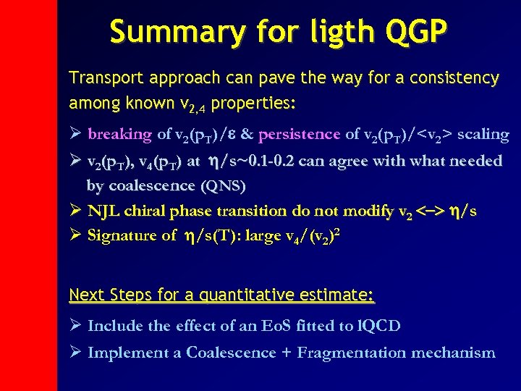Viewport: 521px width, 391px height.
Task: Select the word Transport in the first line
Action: (101, 77)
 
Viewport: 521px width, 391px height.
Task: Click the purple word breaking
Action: (119, 134)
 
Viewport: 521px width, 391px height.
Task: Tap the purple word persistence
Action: (299, 134)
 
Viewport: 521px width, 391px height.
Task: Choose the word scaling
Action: (483, 134)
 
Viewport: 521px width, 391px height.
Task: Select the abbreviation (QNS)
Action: (221, 186)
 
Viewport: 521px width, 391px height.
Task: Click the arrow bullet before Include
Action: (75, 326)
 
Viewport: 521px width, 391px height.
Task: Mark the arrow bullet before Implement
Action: (75, 353)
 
